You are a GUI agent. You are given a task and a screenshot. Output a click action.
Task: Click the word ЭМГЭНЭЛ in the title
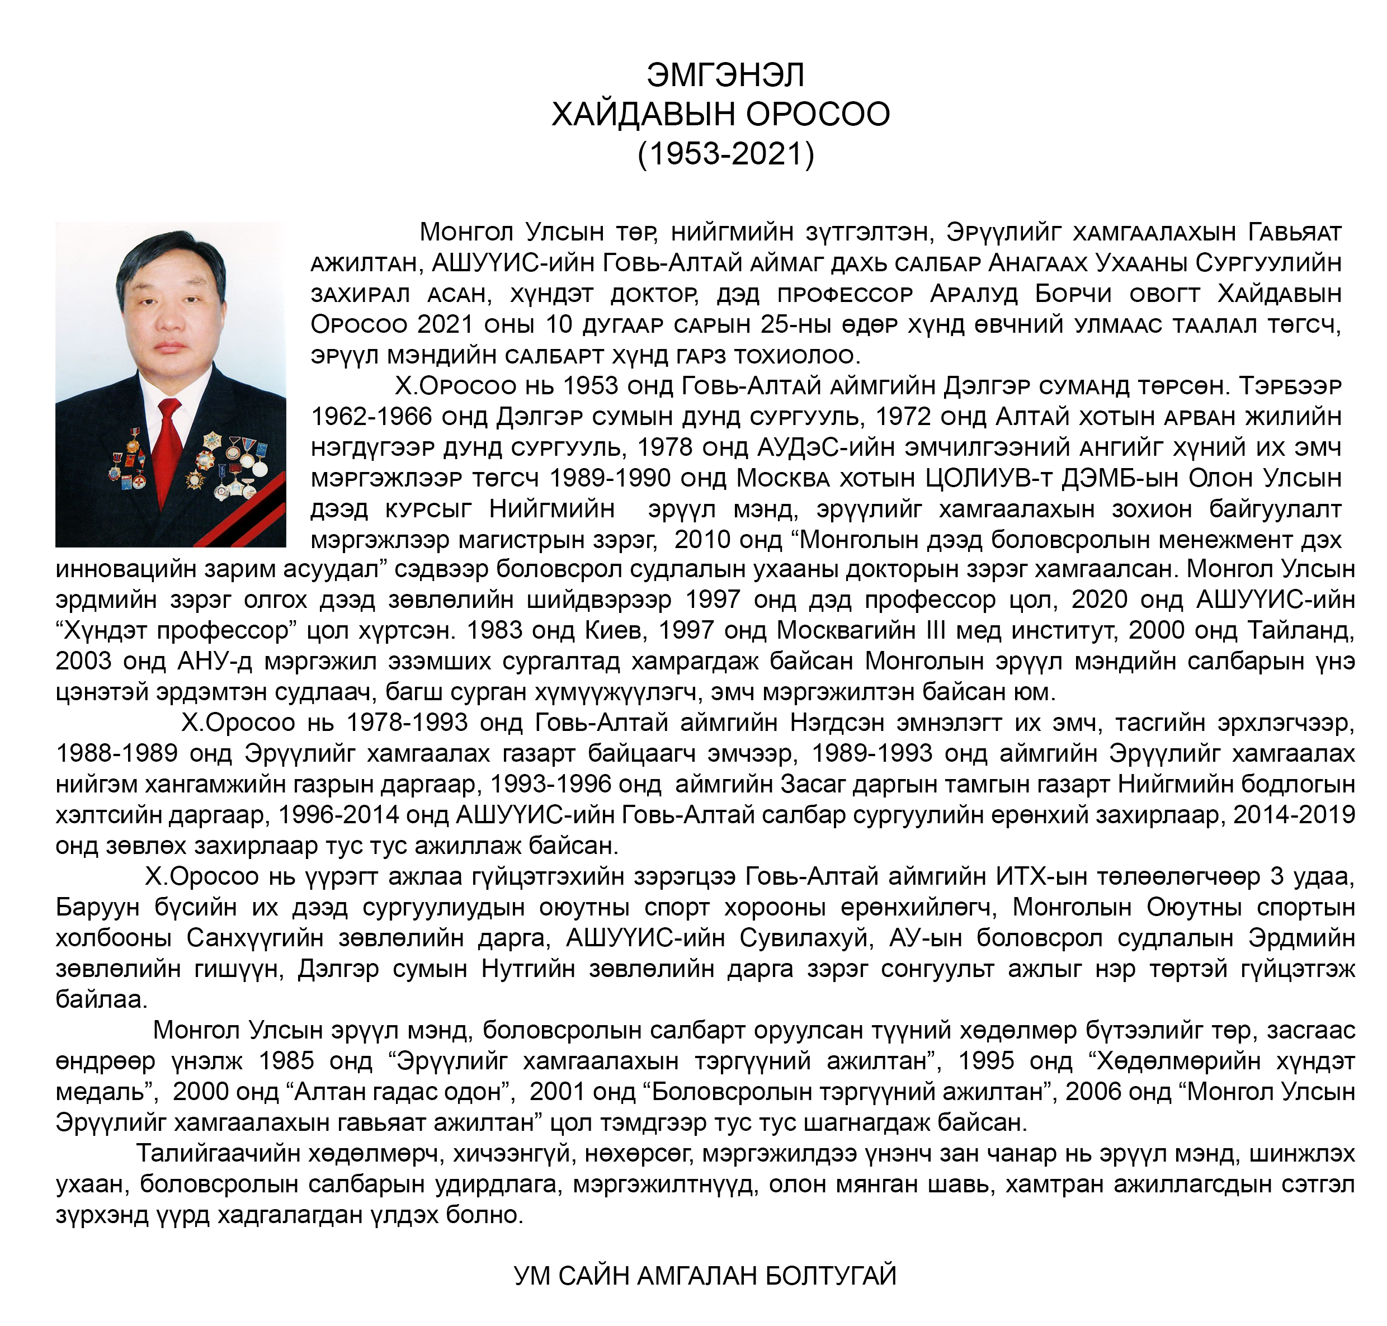pos(725,75)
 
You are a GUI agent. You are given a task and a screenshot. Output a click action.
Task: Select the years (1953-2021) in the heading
pos(725,153)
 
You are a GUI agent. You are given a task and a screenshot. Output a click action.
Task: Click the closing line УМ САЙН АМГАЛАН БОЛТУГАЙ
pos(705,1277)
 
